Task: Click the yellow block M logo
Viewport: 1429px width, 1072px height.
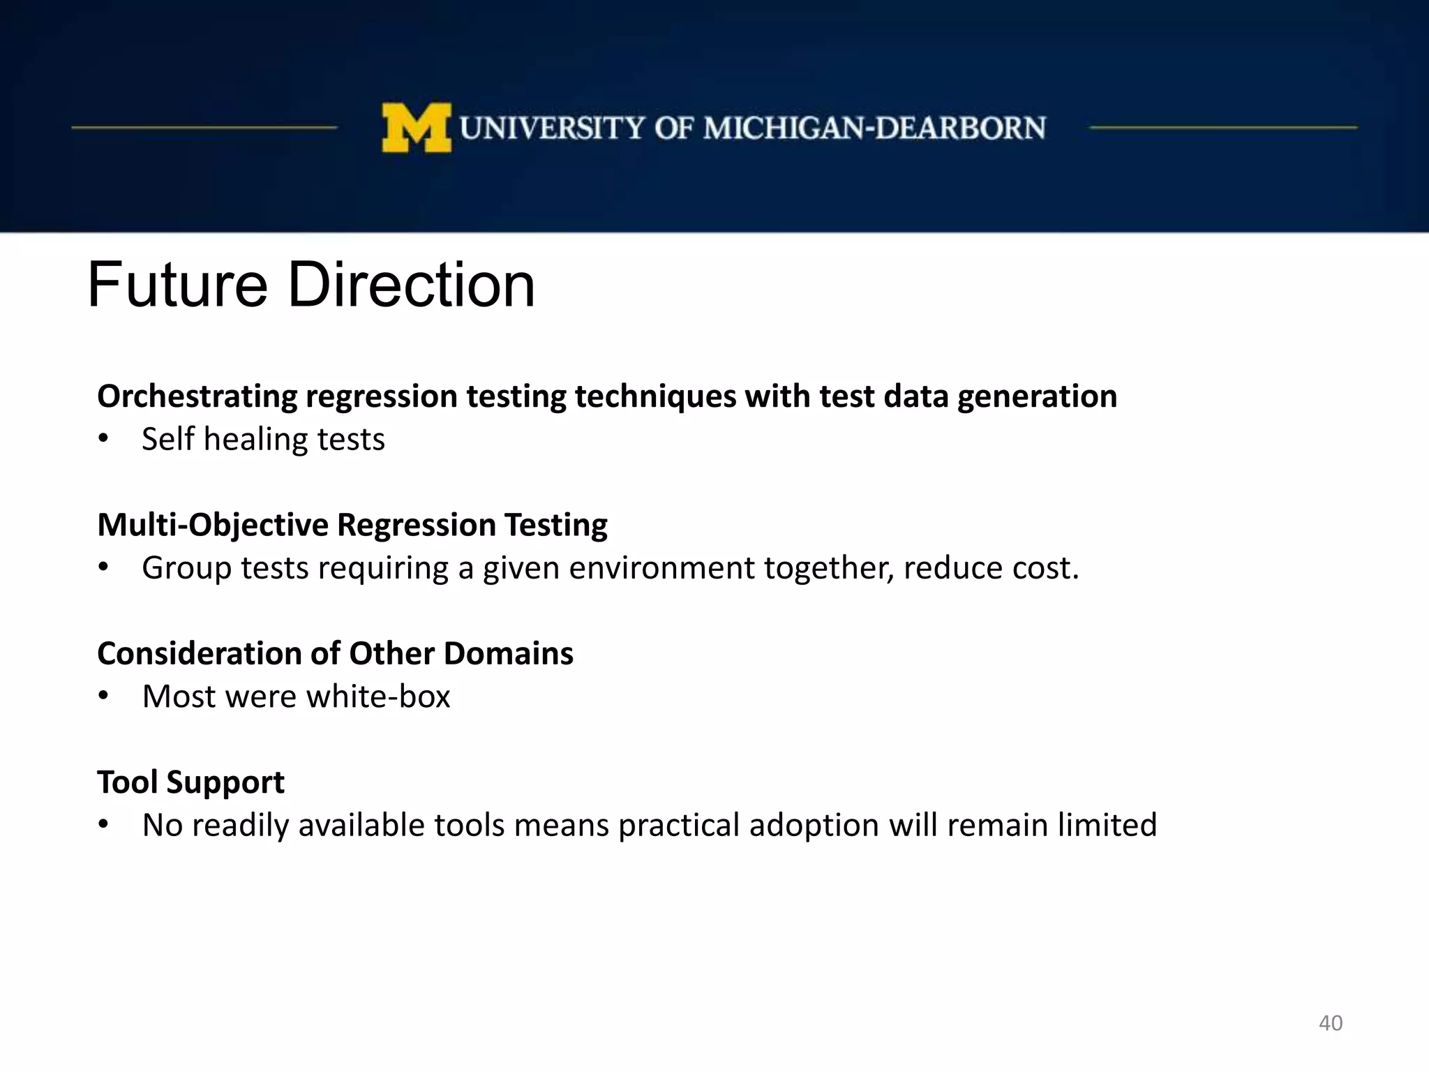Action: (x=417, y=128)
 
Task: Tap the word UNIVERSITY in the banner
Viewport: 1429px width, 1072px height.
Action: (x=552, y=128)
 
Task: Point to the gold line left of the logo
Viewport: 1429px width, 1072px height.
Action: (x=204, y=128)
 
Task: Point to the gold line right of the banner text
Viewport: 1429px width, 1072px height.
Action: (x=1223, y=128)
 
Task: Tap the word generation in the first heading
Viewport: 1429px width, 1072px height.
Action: (x=1037, y=396)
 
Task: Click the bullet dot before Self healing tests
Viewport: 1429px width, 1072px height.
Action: (x=103, y=439)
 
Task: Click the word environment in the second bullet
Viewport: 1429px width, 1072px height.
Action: (x=661, y=567)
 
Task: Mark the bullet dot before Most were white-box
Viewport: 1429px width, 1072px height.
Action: (x=103, y=696)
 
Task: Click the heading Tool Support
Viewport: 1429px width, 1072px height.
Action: (x=190, y=782)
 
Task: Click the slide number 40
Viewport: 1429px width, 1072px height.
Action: (x=1330, y=1023)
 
